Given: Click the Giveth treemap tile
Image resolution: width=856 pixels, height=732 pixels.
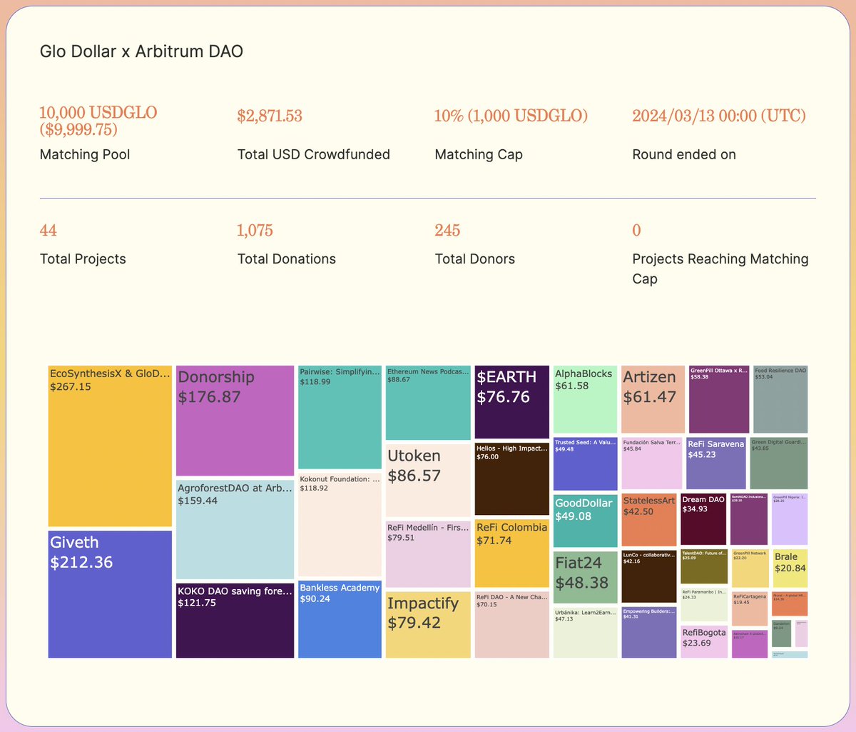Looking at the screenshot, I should (110, 593).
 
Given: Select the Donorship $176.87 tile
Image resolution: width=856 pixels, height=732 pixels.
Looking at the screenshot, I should (235, 420).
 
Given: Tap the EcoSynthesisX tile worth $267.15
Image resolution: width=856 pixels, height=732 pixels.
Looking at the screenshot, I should (110, 446).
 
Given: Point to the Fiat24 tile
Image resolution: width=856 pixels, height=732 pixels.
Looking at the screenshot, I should (585, 576).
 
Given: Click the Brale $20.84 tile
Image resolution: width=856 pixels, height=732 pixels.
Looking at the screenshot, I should (790, 568).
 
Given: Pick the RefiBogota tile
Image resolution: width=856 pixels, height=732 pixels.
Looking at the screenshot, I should (703, 641).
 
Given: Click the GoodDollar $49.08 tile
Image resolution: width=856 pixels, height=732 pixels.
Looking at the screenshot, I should (585, 521).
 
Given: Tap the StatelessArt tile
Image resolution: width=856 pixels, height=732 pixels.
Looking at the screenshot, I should (648, 519).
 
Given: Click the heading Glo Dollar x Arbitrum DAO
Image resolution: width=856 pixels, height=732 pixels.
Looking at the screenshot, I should (141, 51).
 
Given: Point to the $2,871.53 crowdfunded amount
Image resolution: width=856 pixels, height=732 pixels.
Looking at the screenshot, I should (270, 116).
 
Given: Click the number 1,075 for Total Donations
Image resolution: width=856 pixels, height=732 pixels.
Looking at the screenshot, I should (255, 231).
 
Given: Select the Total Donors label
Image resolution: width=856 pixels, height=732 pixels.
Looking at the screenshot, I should (474, 259).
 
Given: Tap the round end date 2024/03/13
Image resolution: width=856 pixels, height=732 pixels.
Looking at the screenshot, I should (718, 116).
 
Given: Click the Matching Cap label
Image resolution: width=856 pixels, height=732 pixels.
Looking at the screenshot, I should (479, 154).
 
